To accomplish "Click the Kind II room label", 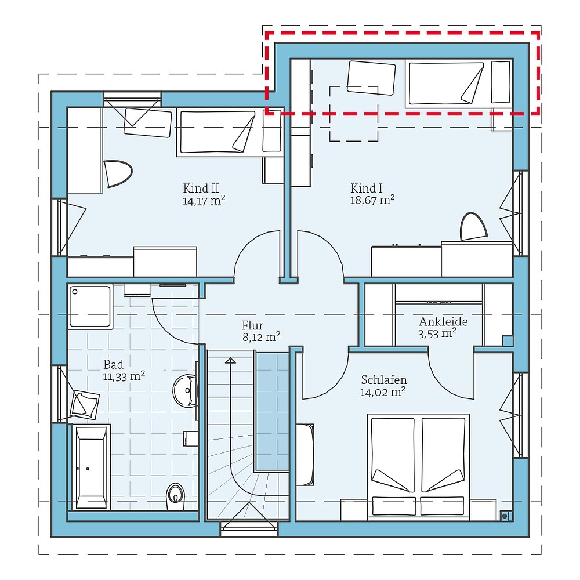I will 201,188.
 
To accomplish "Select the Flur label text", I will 253,325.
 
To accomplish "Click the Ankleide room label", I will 443,322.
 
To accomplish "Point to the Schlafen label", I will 383,380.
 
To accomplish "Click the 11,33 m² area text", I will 124,376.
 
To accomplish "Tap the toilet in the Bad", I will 175,495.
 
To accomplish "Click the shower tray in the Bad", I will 90,307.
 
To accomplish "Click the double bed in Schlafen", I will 418,464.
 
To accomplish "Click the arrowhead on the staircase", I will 230,361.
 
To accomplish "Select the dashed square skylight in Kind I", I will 354,114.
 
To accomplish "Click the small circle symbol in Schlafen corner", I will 505,514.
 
